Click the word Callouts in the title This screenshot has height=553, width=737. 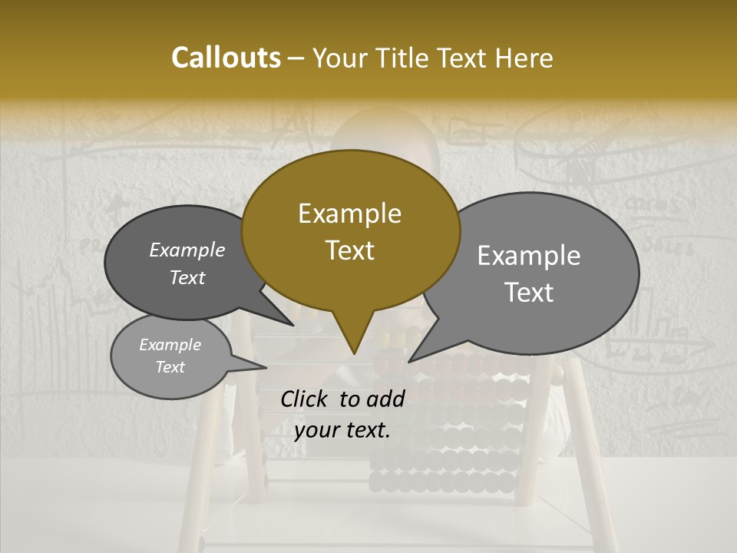pos(226,58)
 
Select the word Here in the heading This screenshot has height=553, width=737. pos(524,58)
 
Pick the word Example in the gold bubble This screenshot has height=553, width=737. pos(349,214)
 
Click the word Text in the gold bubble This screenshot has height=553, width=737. pos(349,250)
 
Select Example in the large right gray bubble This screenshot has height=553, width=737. pos(529,256)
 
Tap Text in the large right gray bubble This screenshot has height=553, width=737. pos(529,293)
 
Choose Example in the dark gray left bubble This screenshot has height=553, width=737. pos(187,250)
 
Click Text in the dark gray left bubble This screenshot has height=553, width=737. pos(187,277)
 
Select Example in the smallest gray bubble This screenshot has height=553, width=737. pos(170,345)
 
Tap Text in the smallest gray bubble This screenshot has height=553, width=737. pos(170,367)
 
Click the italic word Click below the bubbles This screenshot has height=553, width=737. pos(305,399)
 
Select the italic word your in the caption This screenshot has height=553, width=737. pos(316,430)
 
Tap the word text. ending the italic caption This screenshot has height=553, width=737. pos(368,430)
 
